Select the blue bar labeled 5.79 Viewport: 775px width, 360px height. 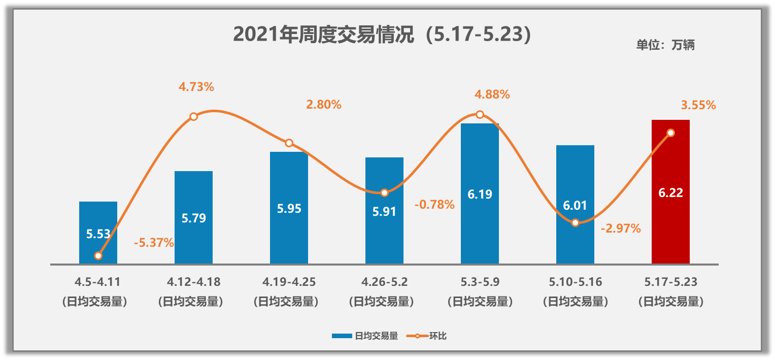coord(193,239)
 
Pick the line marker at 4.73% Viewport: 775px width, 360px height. coord(193,117)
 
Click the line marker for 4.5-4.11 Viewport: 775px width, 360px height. coord(98,256)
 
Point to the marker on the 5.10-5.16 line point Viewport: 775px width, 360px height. coord(575,222)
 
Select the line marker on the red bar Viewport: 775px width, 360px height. coord(670,133)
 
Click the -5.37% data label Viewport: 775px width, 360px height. coord(154,243)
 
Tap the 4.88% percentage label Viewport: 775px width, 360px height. coord(492,94)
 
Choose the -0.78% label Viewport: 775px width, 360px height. coord(434,205)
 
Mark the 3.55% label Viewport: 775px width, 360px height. coord(698,106)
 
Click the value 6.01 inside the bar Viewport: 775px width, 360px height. coord(575,206)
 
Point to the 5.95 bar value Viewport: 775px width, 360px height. coord(289,209)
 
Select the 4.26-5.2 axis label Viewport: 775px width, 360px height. coord(384,281)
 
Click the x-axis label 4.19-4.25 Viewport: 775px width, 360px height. coord(289,281)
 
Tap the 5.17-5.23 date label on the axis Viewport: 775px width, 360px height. coord(670,281)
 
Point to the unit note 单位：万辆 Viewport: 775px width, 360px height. coord(665,45)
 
